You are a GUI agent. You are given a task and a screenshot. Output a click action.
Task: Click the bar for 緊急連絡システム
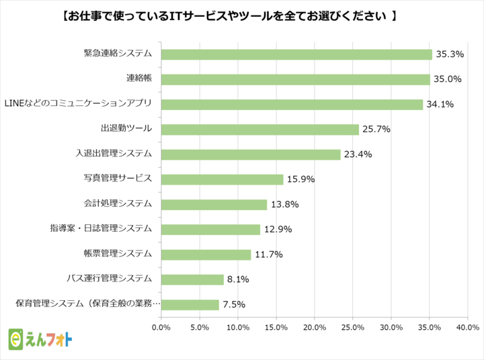[x=296, y=54]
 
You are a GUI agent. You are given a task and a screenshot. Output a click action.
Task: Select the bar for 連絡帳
[x=296, y=79]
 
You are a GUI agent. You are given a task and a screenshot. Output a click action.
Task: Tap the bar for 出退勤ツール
[x=260, y=130]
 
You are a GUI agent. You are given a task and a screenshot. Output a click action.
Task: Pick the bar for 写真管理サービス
[x=223, y=179]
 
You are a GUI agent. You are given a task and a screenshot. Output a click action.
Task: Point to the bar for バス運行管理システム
[x=192, y=279]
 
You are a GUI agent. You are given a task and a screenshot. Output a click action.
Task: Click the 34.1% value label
[x=440, y=104]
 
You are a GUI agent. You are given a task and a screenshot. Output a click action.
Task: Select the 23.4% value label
[x=358, y=154]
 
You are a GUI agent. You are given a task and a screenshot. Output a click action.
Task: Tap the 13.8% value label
[x=285, y=204]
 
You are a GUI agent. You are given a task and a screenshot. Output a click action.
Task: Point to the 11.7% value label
[x=269, y=255]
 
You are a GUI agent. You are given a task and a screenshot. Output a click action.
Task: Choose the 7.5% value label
[x=234, y=304]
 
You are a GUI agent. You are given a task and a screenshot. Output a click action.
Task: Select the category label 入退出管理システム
[x=113, y=153]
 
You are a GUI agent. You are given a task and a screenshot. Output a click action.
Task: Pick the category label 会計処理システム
[x=118, y=204]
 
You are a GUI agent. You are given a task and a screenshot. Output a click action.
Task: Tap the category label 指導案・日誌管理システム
[x=100, y=228]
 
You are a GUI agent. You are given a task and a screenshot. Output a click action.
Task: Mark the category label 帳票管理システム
[x=118, y=254]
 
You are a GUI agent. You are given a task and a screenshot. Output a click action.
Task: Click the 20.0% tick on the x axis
[x=315, y=328]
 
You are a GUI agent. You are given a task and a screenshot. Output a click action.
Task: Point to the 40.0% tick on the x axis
[x=467, y=328]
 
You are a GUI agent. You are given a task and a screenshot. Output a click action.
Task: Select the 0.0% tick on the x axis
[x=161, y=328]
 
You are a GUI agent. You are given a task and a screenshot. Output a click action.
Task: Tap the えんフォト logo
[x=41, y=340]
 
